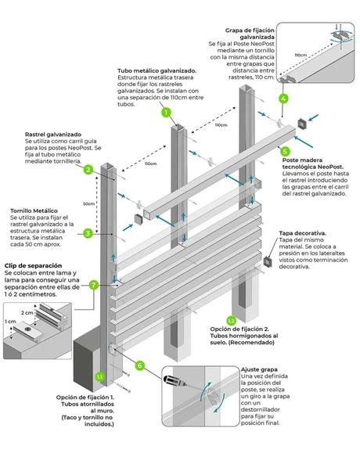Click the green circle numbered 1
click(166, 112)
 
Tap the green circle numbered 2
click(89, 170)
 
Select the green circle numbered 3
click(88, 232)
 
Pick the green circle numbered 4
click(284, 99)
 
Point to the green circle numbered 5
click(284, 150)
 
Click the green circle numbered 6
click(140, 365)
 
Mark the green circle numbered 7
click(94, 285)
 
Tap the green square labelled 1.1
click(99, 377)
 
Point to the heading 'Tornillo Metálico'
click(34, 211)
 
